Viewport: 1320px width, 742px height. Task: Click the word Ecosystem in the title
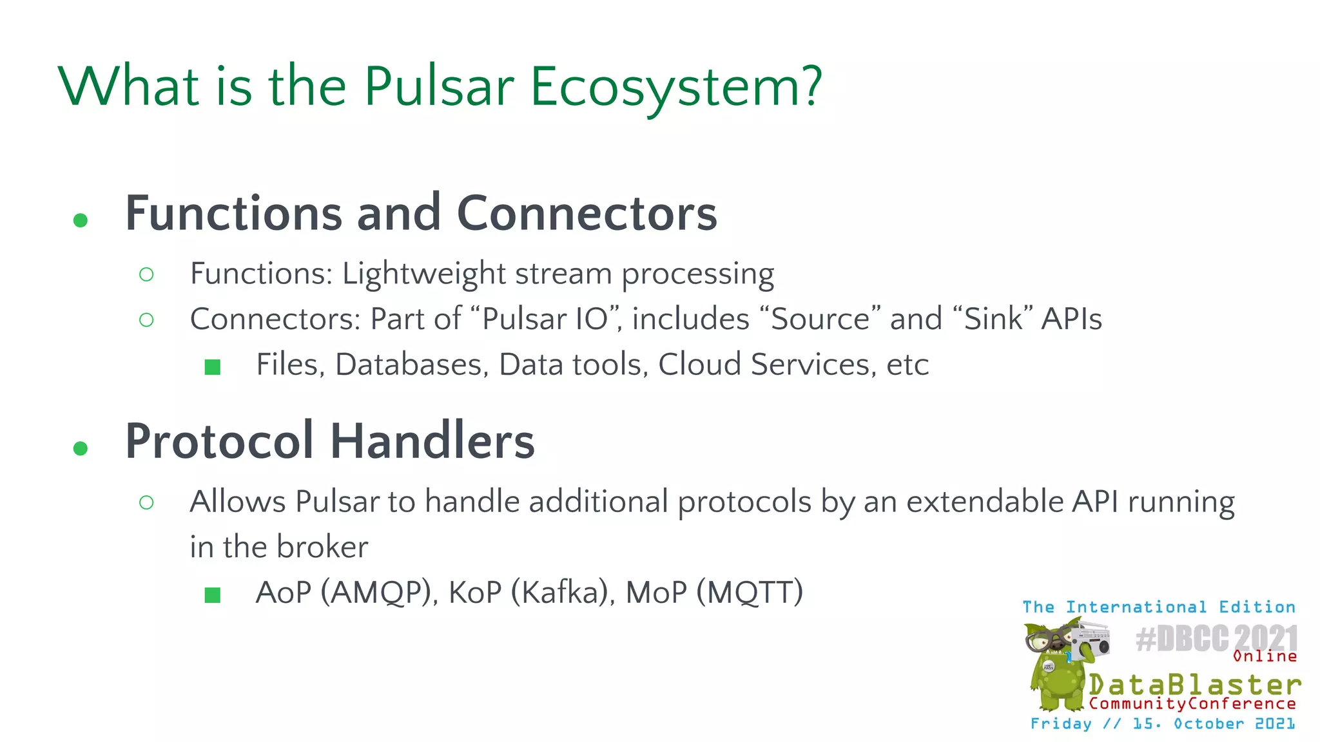pos(675,87)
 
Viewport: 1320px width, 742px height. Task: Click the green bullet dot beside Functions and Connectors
pos(81,221)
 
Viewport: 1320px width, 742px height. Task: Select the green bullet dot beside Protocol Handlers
pos(81,448)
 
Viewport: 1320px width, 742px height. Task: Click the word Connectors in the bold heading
pos(587,214)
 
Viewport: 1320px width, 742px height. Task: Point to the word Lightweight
pos(423,274)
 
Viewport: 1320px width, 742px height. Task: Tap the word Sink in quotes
pos(993,319)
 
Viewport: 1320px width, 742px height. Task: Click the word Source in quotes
pos(820,319)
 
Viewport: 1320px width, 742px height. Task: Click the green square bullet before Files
pos(213,367)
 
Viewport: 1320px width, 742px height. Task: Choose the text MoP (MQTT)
pos(714,593)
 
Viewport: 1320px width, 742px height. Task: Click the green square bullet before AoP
pos(213,595)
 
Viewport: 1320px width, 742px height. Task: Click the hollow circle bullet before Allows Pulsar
pos(146,502)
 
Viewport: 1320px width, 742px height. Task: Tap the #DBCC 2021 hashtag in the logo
pos(1216,639)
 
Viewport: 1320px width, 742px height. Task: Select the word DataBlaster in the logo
pos(1194,684)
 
